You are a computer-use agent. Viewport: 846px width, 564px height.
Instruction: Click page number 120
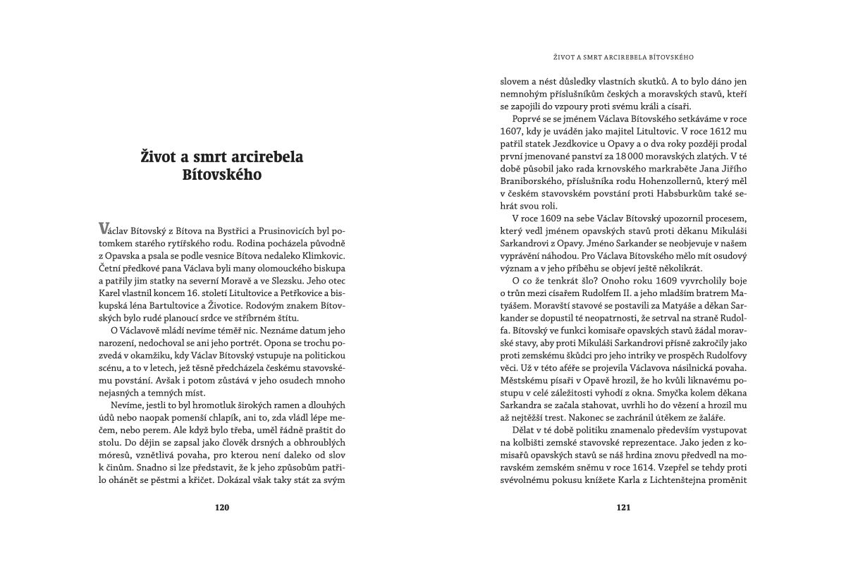point(222,507)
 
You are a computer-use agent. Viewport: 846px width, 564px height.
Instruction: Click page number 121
point(623,507)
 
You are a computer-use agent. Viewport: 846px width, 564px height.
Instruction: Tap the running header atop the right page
point(623,56)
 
